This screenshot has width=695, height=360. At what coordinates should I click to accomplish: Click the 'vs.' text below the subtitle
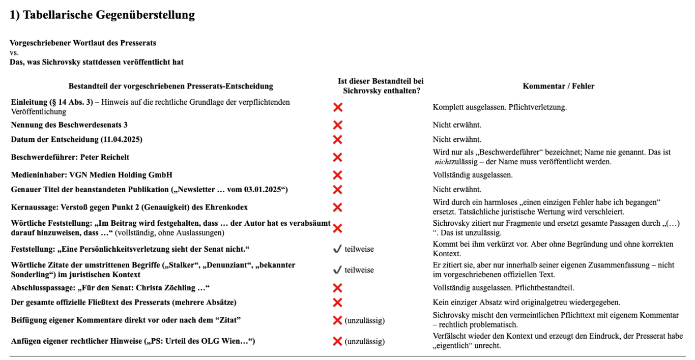point(14,52)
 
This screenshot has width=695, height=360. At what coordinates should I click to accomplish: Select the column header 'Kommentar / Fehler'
point(558,86)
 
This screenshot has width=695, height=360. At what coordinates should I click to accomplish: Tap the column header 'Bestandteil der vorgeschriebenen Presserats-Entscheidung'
point(170,86)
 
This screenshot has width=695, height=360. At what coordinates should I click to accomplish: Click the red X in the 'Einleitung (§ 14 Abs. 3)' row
point(337,107)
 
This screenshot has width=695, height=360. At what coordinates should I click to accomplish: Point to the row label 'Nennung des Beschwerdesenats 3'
point(69,125)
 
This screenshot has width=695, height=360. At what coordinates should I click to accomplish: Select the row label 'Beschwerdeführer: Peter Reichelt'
point(73,157)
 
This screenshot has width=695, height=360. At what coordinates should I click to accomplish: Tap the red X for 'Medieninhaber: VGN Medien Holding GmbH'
point(337,175)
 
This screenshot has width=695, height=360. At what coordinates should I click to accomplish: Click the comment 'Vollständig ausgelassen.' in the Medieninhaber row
point(472,175)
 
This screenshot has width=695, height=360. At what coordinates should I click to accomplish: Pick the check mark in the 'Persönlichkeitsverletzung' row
point(337,249)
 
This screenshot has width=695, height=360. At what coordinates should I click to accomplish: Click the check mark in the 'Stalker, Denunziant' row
point(337,270)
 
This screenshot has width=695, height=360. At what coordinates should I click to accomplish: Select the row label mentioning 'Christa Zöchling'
point(110,288)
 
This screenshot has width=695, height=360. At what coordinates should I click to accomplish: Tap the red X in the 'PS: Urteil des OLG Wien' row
point(337,341)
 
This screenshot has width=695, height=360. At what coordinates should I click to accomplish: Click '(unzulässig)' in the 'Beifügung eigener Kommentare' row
point(364,320)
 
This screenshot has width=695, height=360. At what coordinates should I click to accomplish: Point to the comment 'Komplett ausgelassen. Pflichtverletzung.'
point(499,107)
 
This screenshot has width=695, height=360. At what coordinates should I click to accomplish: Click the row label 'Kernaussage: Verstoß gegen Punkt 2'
point(129,207)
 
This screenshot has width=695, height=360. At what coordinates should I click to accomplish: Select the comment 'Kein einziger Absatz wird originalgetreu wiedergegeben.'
point(526,303)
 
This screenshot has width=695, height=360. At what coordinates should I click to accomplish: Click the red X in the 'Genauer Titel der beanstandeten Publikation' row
point(337,190)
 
